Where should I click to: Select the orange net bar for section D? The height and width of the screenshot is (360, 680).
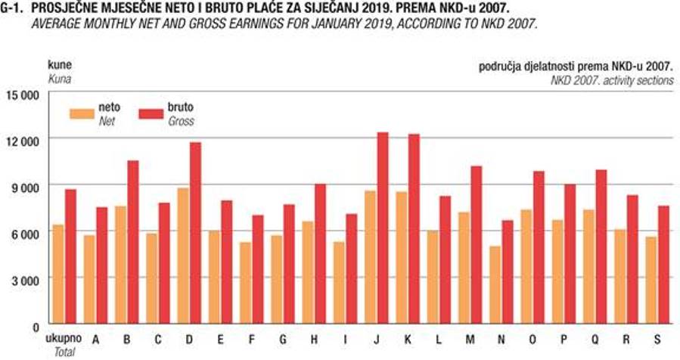point(184,256)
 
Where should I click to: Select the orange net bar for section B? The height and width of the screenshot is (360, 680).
point(121,265)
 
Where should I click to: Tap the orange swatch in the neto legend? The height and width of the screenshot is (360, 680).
point(82,114)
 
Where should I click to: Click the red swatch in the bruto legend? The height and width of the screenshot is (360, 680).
point(151,114)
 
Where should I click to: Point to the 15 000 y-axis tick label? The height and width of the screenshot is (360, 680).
point(26,95)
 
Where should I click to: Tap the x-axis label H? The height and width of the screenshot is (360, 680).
point(314,339)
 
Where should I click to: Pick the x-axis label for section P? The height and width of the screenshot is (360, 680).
point(564,339)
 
